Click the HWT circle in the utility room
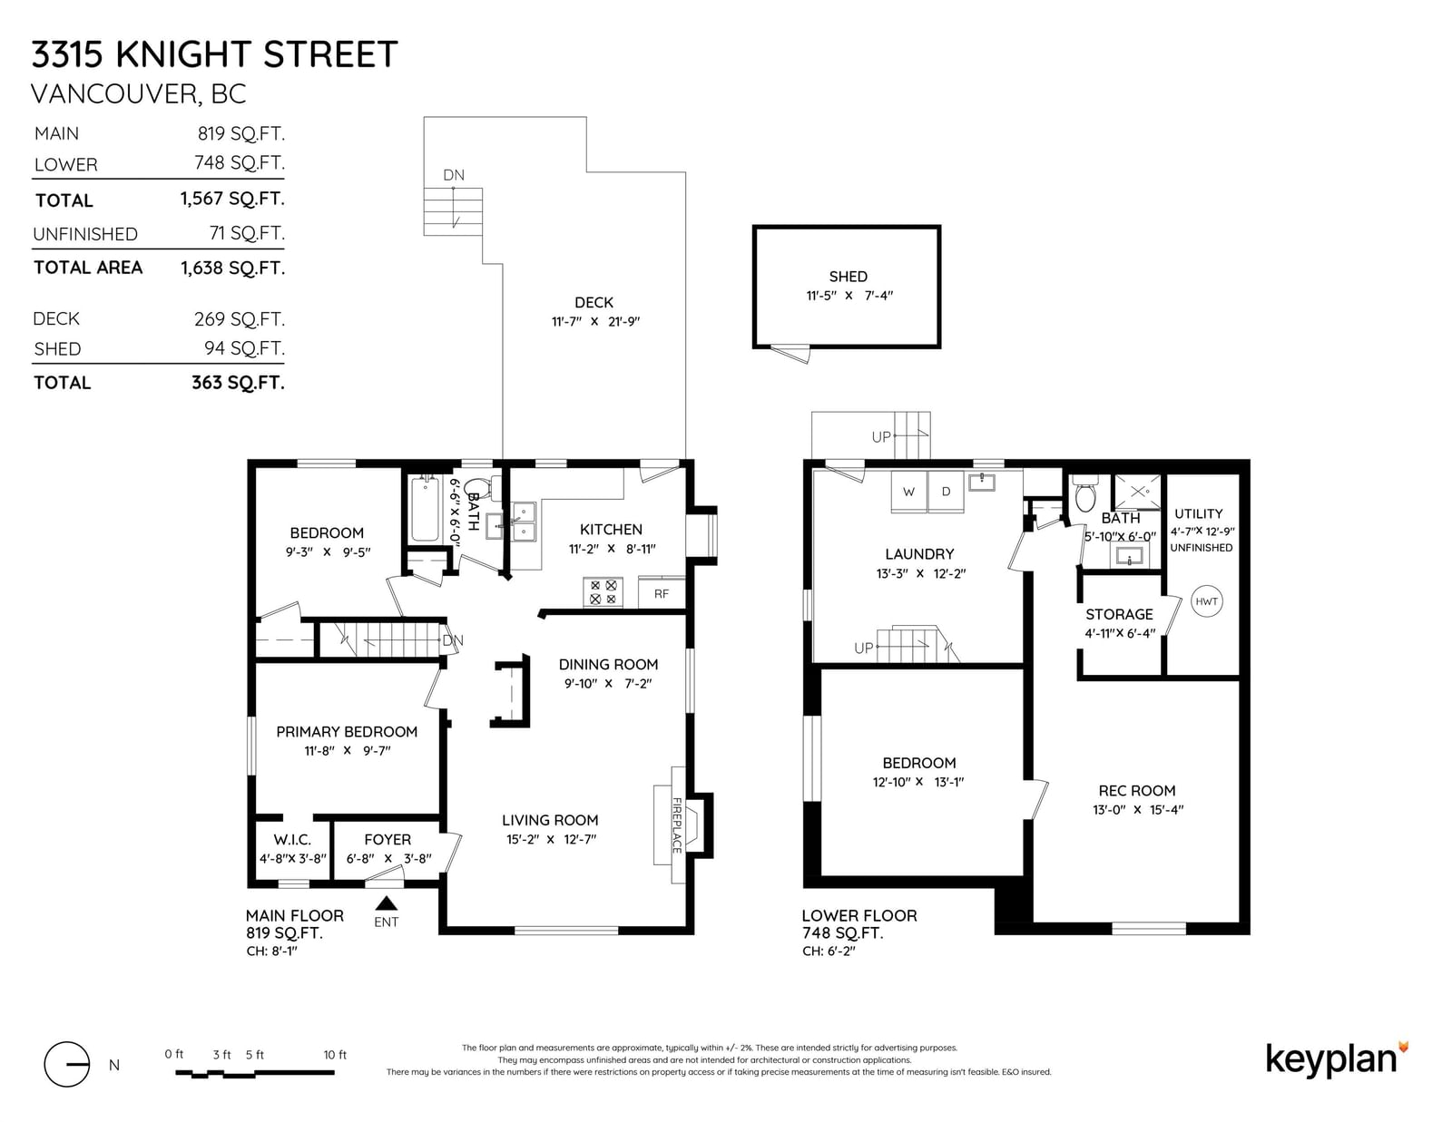(1206, 601)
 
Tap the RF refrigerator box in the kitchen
(662, 593)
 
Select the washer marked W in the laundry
(908, 492)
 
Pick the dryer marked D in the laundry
(947, 492)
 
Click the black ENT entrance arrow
(387, 902)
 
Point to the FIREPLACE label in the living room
(677, 825)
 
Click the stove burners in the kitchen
(603, 592)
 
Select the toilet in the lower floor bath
(1085, 493)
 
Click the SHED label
(848, 277)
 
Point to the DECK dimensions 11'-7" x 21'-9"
(595, 321)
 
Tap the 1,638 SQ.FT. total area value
(232, 268)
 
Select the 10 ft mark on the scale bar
(335, 1055)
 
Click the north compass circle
(67, 1065)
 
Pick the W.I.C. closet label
(292, 840)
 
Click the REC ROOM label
(1136, 791)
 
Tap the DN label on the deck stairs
(454, 175)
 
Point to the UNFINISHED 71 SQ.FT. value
(247, 233)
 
